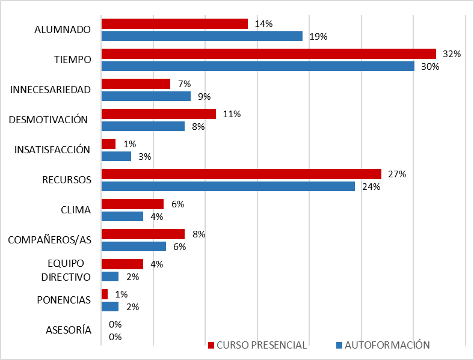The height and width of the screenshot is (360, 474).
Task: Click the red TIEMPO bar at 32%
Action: pyautogui.click(x=268, y=53)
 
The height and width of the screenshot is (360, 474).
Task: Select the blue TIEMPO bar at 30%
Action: pyautogui.click(x=257, y=66)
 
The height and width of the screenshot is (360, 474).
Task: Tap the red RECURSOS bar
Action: pyautogui.click(x=241, y=174)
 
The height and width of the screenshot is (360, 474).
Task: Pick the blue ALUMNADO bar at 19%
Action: pyautogui.click(x=202, y=36)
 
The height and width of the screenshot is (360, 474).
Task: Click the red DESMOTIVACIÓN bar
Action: pyautogui.click(x=158, y=114)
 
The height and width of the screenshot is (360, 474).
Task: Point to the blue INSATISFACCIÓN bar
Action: pyautogui.click(x=116, y=156)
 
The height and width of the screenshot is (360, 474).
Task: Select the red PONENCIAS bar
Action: pyautogui.click(x=105, y=294)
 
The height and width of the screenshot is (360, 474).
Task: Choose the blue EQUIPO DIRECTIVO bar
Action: pyautogui.click(x=110, y=276)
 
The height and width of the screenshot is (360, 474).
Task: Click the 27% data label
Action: pyautogui.click(x=397, y=174)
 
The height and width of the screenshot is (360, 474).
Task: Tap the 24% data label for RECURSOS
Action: pyautogui.click(x=371, y=186)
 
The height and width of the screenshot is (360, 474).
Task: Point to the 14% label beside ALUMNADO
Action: pyautogui.click(x=263, y=24)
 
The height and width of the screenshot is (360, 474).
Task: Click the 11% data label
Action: pyautogui.click(x=232, y=114)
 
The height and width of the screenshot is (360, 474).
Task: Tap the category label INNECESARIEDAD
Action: pyautogui.click(x=51, y=90)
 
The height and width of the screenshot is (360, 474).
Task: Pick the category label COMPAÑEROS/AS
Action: pyautogui.click(x=49, y=240)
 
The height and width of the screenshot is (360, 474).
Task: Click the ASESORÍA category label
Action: pyautogui.click(x=69, y=330)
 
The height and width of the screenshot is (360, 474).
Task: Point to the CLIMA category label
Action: pyautogui.click(x=76, y=210)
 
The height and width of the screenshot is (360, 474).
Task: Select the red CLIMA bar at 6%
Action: pyautogui.click(x=132, y=204)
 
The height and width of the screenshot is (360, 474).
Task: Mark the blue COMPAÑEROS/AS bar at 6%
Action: pyautogui.click(x=134, y=246)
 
